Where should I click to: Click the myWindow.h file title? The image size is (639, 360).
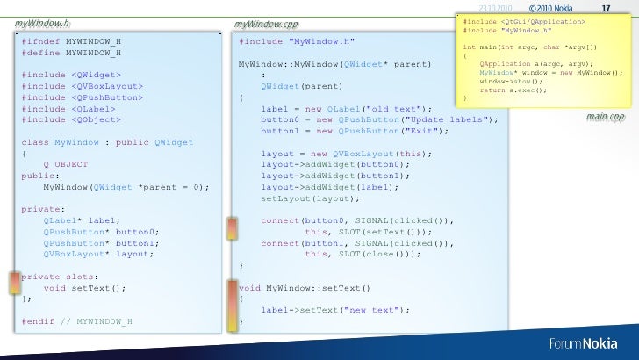click(x=42, y=22)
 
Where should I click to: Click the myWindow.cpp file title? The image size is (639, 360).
click(x=267, y=23)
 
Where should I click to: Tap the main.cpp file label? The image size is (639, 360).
click(x=605, y=117)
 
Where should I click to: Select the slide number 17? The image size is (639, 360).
click(x=605, y=9)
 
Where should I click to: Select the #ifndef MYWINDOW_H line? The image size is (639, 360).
click(x=72, y=41)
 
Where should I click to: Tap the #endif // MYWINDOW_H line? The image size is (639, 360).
click(x=77, y=320)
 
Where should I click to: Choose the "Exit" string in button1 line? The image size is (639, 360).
click(x=423, y=131)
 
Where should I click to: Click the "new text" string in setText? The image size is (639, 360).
click(x=371, y=309)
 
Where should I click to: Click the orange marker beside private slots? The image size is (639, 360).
click(x=15, y=282)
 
